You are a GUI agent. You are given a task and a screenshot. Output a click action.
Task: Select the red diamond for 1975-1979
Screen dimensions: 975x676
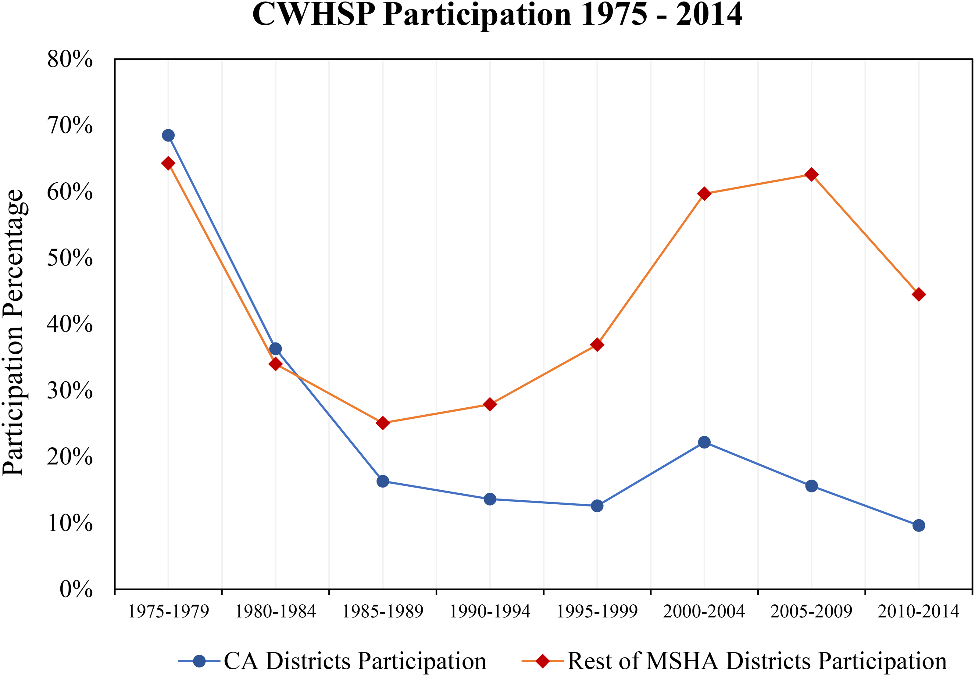pos(168,163)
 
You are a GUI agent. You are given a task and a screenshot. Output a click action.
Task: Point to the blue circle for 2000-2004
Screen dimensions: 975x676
pos(704,442)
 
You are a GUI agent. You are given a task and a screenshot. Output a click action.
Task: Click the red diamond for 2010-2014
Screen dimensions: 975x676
pos(919,294)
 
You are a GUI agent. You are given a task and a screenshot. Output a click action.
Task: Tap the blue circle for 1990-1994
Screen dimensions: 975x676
pos(490,499)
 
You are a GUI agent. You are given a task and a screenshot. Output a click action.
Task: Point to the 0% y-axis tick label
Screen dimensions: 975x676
pos(76,589)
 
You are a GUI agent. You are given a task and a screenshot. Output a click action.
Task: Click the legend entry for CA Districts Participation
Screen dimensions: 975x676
pos(333,661)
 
